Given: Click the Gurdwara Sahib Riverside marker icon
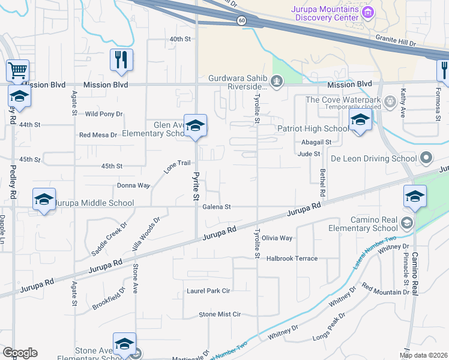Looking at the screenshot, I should pyautogui.click(x=277, y=81).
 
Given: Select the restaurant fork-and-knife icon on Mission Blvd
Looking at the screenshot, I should pyautogui.click(x=121, y=59).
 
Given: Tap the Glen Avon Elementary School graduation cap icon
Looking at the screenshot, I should pyautogui.click(x=195, y=125).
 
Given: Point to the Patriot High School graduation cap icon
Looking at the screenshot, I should pyautogui.click(x=359, y=119).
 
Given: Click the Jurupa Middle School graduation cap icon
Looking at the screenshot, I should pyautogui.click(x=44, y=199).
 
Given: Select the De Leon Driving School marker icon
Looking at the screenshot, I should pyautogui.click(x=426, y=159).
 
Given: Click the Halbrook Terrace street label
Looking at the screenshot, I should pyautogui.click(x=292, y=258).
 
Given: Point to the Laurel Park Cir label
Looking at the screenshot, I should pyautogui.click(x=209, y=290).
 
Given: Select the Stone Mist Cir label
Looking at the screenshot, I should pyautogui.click(x=220, y=314).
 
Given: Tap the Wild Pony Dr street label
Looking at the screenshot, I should pyautogui.click(x=104, y=113).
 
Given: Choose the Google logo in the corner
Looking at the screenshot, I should pyautogui.click(x=20, y=352).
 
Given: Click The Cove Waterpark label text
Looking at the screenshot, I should pyautogui.click(x=343, y=100).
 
